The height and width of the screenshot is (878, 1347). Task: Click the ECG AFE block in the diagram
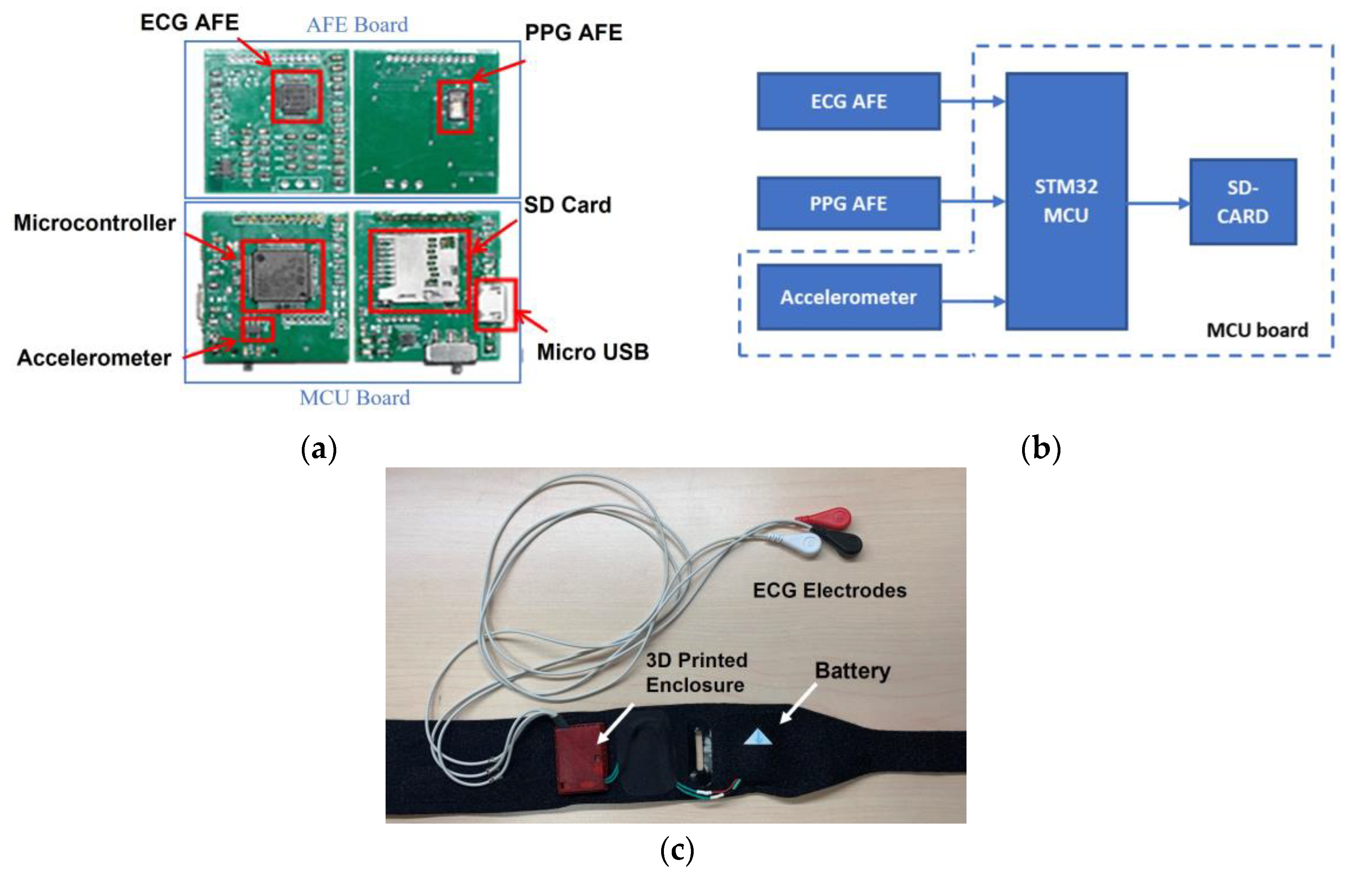click(848, 101)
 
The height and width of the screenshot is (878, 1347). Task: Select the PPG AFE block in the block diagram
click(848, 203)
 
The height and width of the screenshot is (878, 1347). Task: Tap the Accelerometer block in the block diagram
click(848, 297)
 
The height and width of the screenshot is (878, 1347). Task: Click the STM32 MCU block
click(1066, 201)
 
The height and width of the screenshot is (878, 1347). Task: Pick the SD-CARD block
click(1242, 202)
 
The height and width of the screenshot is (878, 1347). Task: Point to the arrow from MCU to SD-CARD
click(1158, 203)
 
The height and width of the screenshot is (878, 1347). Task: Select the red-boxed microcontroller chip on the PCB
click(282, 276)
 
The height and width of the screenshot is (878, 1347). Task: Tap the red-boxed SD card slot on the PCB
click(419, 270)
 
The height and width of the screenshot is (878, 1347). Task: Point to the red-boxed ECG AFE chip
click(296, 96)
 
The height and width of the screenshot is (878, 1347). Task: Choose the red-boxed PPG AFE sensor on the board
click(455, 107)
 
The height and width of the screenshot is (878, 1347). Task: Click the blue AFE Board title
click(357, 25)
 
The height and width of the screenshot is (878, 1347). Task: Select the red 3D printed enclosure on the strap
click(580, 759)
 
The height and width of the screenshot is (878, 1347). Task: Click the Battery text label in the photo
click(852, 671)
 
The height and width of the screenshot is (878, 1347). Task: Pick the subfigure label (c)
click(676, 850)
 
